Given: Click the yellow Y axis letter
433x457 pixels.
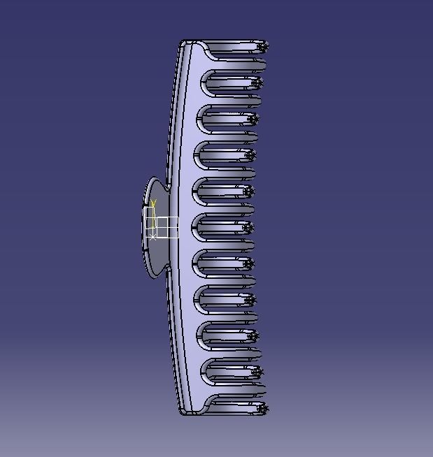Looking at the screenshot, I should [153, 204].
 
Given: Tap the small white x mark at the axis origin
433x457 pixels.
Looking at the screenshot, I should [152, 237].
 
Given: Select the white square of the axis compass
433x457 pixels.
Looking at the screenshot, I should [167, 227].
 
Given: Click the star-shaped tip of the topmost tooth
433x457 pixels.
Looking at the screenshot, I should [262, 48].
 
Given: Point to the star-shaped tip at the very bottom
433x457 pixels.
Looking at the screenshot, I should [262, 409].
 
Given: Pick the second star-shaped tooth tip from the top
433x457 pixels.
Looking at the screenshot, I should [257, 83].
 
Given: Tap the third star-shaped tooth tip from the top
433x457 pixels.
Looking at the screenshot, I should [253, 119].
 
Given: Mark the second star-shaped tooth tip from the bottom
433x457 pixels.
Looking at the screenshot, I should [256, 372].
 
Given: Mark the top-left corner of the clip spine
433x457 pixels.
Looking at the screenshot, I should [183, 42].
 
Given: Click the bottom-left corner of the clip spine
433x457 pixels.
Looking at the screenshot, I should [183, 413].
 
